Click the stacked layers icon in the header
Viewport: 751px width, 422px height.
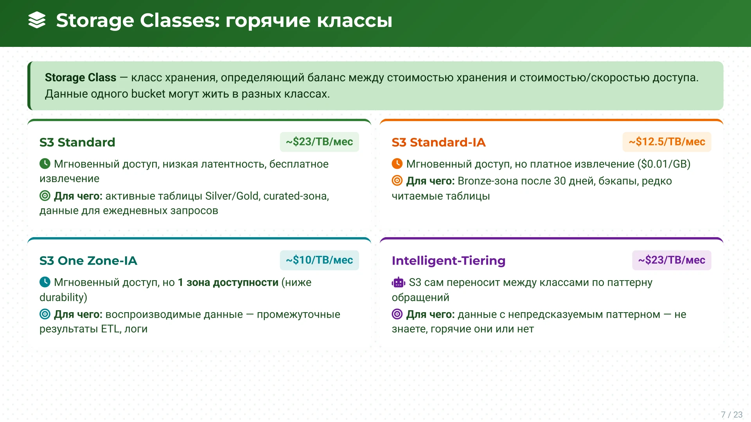coord(37,20)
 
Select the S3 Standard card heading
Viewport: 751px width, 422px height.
coord(77,142)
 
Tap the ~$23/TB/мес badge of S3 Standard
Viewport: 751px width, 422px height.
coord(319,142)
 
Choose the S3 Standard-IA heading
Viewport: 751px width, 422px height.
coord(438,142)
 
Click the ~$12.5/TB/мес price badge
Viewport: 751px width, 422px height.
coord(667,142)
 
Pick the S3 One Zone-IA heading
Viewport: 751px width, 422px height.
coord(88,261)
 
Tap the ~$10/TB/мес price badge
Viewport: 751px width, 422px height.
coord(319,260)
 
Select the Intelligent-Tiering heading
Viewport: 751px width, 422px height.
coord(448,261)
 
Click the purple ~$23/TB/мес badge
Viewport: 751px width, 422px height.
coord(671,260)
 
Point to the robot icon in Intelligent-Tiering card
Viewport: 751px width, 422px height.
coord(398,282)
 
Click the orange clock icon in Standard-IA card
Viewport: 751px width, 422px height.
coord(397,164)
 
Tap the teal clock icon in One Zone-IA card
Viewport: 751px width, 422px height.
coord(45,282)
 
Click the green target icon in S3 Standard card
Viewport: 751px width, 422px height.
coord(45,196)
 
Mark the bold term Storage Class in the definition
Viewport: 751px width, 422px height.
coord(80,78)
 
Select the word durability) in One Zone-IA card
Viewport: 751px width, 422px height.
coord(63,297)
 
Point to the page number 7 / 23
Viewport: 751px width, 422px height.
coord(731,415)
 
